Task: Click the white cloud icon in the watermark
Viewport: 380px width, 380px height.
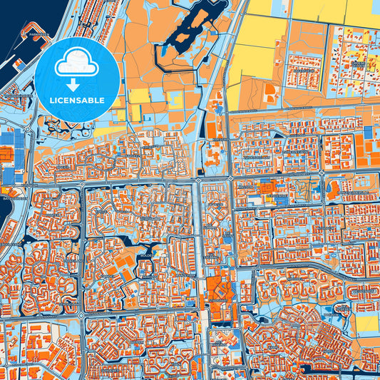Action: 77,63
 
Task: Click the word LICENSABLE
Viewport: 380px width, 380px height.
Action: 77,101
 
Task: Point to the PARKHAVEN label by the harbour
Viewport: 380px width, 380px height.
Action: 32,34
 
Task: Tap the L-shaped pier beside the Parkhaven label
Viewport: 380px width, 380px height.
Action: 21,43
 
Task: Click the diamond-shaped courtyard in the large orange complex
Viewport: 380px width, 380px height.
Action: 220,290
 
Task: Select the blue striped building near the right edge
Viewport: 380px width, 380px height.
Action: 368,133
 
